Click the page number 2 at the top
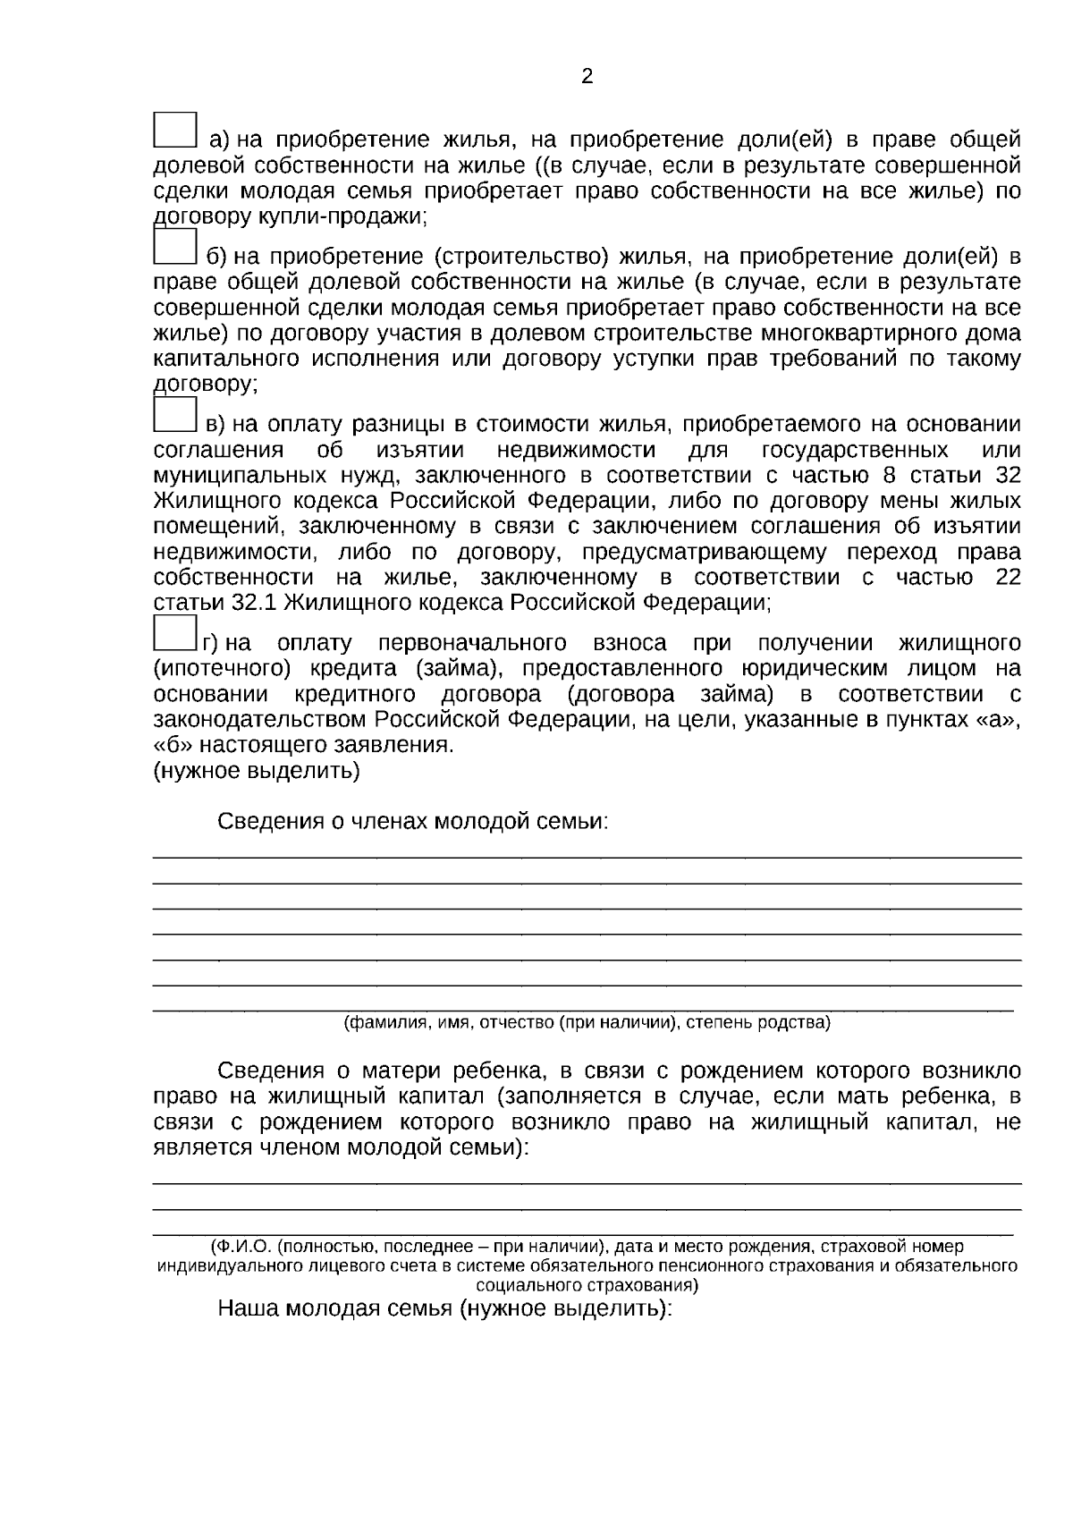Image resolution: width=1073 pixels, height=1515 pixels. tap(587, 77)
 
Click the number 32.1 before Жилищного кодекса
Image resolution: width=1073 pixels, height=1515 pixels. tap(253, 602)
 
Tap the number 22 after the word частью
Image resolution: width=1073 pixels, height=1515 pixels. tap(1008, 577)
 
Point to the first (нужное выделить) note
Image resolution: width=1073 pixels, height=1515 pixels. tap(257, 770)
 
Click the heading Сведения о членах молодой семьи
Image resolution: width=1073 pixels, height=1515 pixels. tap(412, 822)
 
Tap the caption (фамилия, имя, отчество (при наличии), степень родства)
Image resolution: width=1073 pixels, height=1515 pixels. tap(587, 1022)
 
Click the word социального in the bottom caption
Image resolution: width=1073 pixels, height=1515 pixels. tap(529, 1286)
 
